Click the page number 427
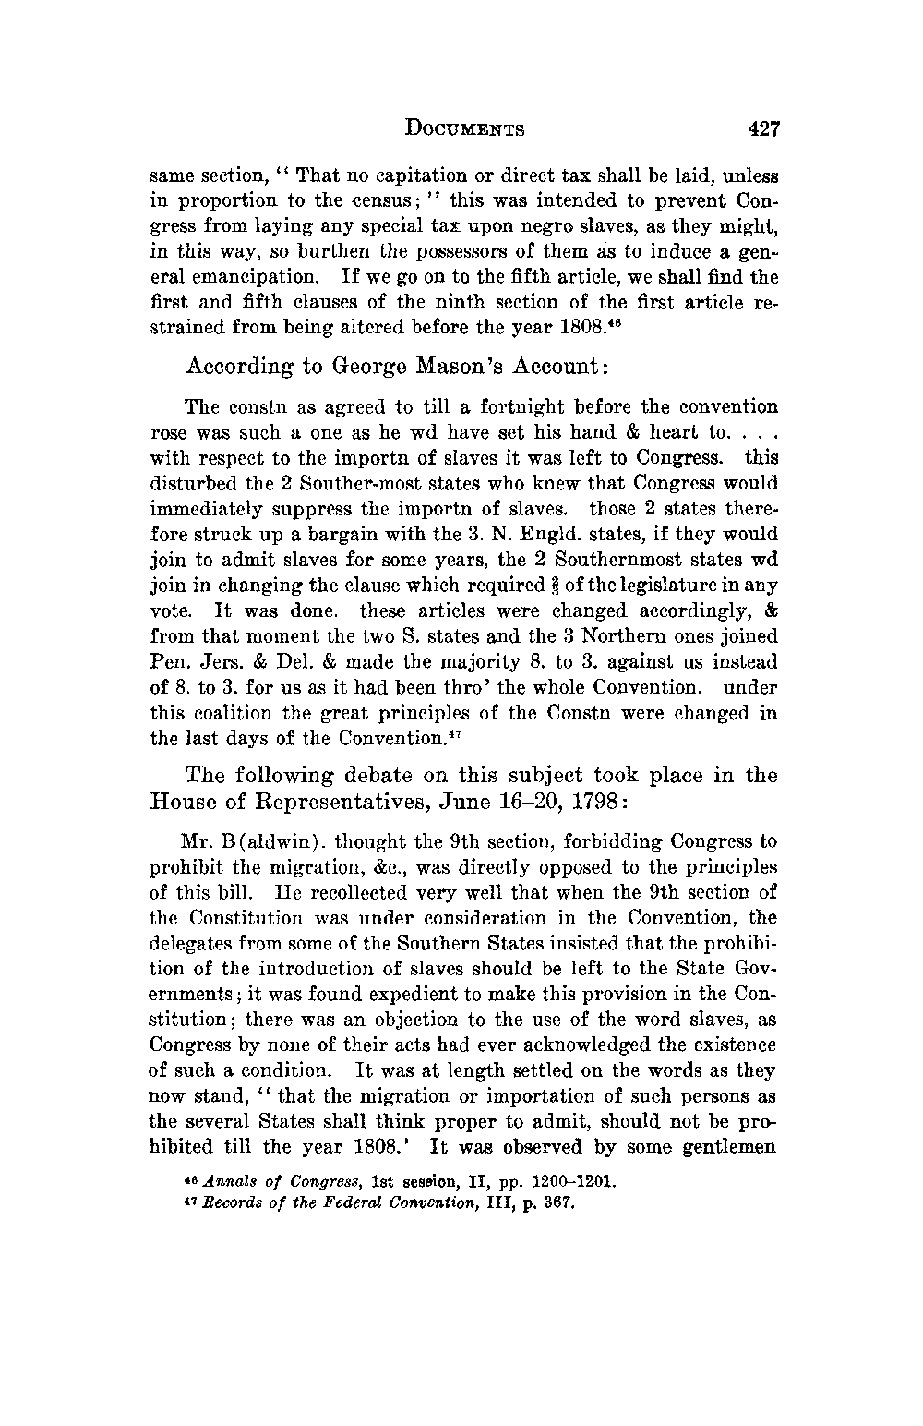pyautogui.click(x=765, y=129)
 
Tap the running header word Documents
pyautogui.click(x=465, y=129)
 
